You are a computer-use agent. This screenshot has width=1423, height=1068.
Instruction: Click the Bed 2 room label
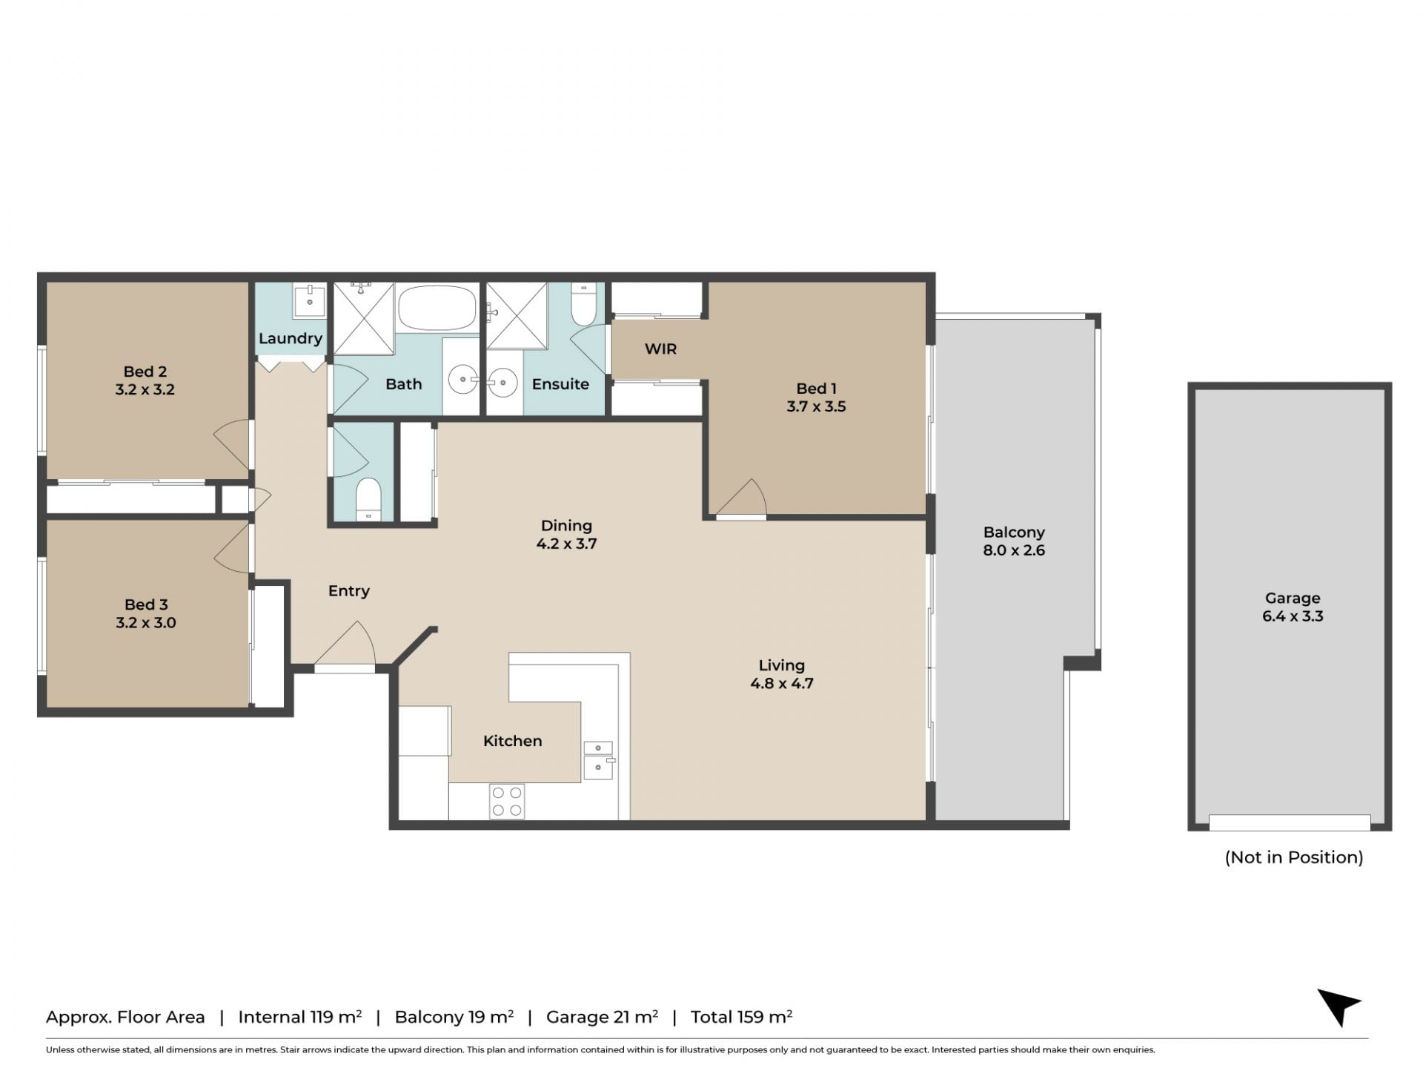click(145, 372)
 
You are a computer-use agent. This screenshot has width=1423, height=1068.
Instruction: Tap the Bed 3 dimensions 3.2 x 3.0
click(146, 623)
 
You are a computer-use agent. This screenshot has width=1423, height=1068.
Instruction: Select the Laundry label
click(291, 339)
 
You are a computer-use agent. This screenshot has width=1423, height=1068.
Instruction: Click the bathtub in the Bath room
click(437, 308)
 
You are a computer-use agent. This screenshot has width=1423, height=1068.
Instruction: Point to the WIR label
click(660, 349)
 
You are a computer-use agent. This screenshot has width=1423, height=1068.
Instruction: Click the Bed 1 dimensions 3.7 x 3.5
click(816, 406)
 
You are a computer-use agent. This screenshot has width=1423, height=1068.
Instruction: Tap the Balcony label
click(1014, 533)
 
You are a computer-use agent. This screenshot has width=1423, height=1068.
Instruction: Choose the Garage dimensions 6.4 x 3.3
click(1293, 616)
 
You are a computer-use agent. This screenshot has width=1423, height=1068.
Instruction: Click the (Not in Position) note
click(1294, 857)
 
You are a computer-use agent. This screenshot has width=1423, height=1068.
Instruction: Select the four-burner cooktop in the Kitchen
click(507, 801)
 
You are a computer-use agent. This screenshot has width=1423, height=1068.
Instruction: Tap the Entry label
click(349, 591)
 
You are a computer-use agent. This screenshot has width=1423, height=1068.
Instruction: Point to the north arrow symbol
click(1339, 1006)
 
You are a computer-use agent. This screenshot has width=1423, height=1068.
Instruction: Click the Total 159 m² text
click(741, 1017)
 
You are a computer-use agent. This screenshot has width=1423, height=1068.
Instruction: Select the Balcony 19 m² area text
click(454, 1017)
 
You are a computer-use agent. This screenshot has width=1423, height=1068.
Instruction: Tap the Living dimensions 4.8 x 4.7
click(782, 684)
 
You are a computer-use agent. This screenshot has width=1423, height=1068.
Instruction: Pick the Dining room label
click(566, 526)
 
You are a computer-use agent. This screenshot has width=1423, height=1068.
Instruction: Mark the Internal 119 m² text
click(300, 1017)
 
